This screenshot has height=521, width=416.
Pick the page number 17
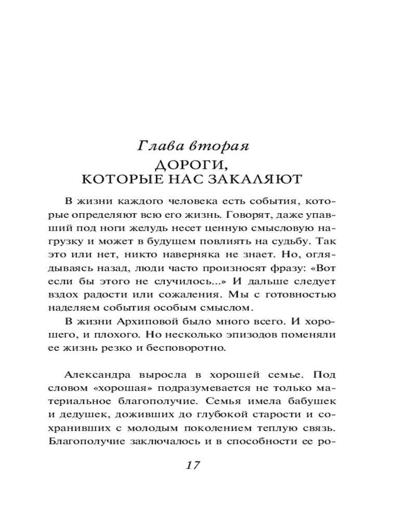coord(193,466)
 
